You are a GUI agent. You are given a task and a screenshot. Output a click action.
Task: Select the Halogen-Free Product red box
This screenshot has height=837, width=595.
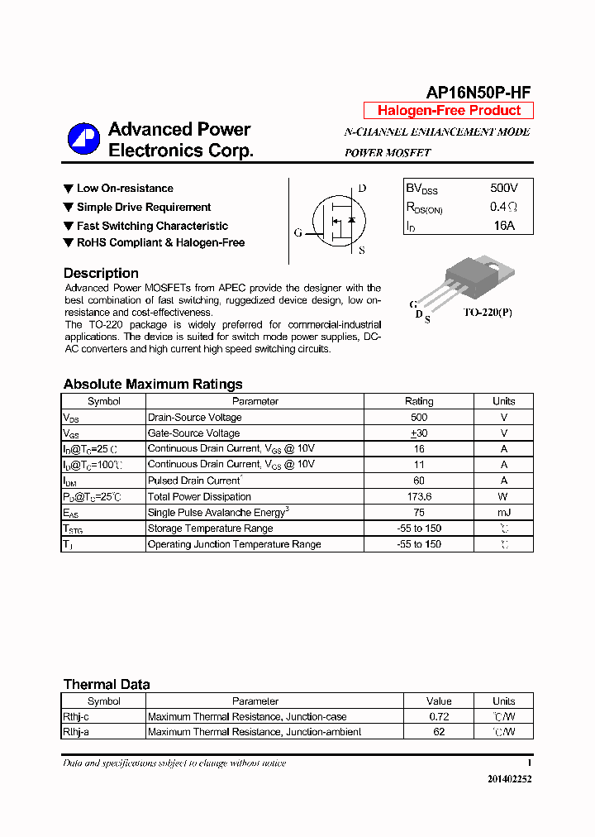tap(449, 111)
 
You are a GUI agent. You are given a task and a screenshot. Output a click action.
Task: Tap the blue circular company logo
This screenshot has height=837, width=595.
tap(83, 139)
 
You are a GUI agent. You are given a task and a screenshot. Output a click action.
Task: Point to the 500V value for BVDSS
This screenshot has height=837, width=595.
tap(503, 189)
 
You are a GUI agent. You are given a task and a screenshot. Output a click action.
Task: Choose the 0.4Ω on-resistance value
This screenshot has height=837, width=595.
tap(503, 207)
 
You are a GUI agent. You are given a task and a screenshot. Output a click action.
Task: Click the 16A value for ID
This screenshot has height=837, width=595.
tap(503, 225)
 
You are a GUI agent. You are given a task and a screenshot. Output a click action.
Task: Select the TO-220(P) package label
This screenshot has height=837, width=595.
tap(487, 313)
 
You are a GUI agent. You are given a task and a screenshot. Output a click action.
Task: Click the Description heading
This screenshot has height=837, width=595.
tap(101, 273)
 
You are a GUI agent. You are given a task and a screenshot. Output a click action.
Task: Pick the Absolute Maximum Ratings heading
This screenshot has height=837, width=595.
tap(153, 384)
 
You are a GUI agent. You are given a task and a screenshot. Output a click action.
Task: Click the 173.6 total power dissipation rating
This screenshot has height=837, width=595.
tap(418, 496)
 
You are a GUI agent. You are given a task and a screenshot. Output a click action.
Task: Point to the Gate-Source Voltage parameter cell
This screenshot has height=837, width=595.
tap(193, 433)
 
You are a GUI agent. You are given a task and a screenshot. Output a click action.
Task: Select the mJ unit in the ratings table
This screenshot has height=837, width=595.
tap(503, 513)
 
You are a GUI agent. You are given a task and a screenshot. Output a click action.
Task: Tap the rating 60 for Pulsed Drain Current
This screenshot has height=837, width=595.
tap(418, 481)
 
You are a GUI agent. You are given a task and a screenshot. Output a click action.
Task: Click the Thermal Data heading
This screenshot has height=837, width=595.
tap(107, 684)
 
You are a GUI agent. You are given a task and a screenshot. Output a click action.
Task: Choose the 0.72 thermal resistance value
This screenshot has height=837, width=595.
tap(439, 716)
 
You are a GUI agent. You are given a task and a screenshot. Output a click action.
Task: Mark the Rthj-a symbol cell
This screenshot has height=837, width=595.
tap(79, 732)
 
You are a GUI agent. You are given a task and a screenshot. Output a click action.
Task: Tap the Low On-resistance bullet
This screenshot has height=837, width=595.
tap(124, 189)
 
